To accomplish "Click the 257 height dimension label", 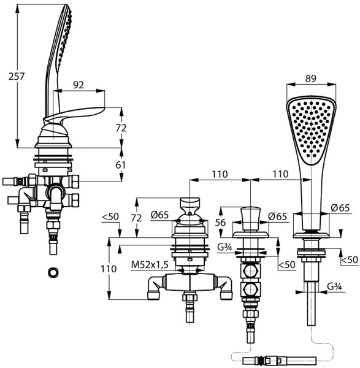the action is coord(17,76).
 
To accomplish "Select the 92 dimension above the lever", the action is coord(79,85).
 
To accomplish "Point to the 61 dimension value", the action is coord(121,165).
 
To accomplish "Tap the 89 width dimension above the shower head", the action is coord(311,79).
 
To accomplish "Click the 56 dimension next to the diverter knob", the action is coord(220,222).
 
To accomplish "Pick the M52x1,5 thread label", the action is coord(150,265).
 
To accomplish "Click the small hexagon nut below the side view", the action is coord(53,272).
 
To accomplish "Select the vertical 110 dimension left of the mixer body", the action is coord(109,269).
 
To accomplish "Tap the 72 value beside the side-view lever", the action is coord(121,128).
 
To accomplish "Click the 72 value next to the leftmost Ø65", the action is coord(136,218).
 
